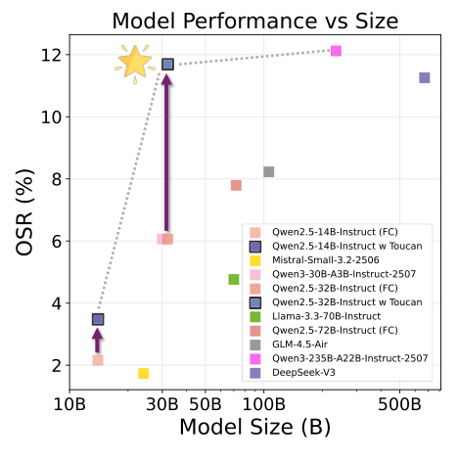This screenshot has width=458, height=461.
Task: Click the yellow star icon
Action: (x=135, y=63)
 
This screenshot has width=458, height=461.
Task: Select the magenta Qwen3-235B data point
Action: (x=336, y=51)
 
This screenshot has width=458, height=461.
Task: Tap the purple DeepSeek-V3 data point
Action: (x=425, y=77)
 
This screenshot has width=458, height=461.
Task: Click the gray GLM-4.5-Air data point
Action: (x=268, y=171)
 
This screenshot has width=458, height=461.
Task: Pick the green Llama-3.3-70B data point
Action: (x=234, y=279)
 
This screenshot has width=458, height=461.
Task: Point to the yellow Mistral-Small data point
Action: (x=144, y=373)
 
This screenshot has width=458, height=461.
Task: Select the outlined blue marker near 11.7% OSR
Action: (x=167, y=64)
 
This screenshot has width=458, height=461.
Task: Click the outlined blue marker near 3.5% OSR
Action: (x=98, y=319)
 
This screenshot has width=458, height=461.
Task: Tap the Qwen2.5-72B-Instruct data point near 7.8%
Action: (x=236, y=185)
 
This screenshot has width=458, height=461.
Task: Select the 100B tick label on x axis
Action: (x=263, y=404)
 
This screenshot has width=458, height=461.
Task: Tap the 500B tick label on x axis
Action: (x=399, y=404)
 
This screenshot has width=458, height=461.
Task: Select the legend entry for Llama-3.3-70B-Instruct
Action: (x=323, y=316)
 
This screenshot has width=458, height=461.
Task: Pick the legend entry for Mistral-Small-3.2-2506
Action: (x=324, y=260)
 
